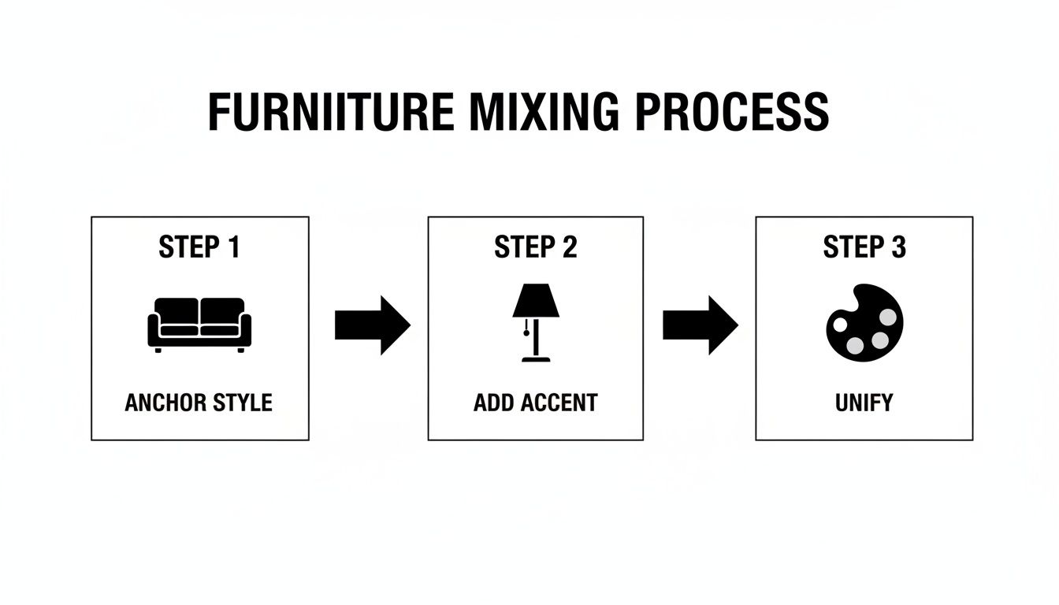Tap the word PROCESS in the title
point(731,113)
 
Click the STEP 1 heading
point(199,247)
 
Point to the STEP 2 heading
point(536,247)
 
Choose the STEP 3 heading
point(864,247)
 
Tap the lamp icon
point(536,323)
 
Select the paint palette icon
point(864,323)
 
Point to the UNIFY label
point(864,403)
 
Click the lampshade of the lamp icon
point(536,301)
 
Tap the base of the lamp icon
point(536,359)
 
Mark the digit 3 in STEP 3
point(898,247)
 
